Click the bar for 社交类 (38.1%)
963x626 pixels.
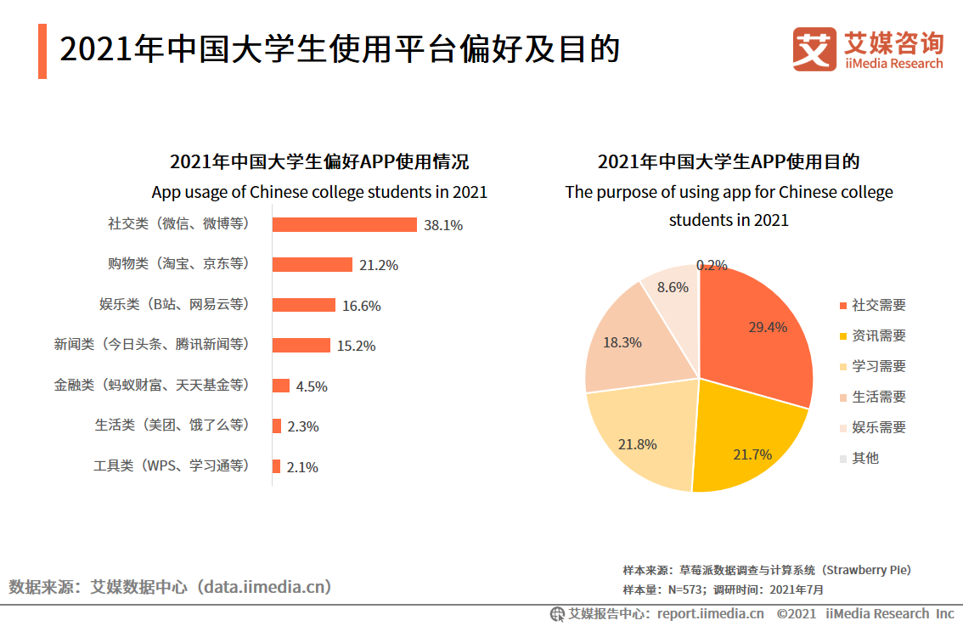click(344, 224)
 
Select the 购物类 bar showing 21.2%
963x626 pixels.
click(312, 265)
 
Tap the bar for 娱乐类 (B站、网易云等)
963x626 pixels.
click(303, 305)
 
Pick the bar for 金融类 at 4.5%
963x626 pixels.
click(280, 386)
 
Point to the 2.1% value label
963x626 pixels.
click(302, 467)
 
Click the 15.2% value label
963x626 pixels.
click(356, 346)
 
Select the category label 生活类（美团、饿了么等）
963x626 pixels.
click(172, 426)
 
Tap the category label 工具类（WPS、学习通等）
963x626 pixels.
click(172, 466)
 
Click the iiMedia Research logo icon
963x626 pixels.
click(814, 49)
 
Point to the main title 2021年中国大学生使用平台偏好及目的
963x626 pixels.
click(340, 50)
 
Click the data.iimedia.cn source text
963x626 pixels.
click(263, 587)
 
